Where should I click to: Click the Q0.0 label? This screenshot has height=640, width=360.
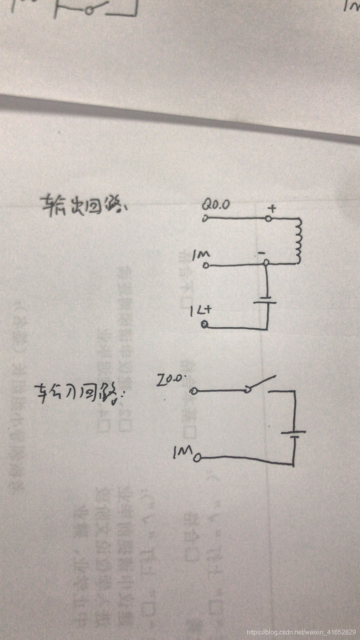(x=216, y=205)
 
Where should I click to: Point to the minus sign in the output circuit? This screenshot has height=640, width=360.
(x=261, y=253)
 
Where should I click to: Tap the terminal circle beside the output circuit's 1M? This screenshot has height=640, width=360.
(x=206, y=265)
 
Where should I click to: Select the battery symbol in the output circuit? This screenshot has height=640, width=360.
(x=266, y=300)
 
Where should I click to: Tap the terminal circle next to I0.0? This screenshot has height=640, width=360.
(x=194, y=391)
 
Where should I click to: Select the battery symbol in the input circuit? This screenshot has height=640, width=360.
(x=294, y=434)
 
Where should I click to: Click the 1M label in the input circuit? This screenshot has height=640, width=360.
(x=183, y=453)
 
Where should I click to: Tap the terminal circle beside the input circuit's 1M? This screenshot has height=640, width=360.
(x=197, y=459)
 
